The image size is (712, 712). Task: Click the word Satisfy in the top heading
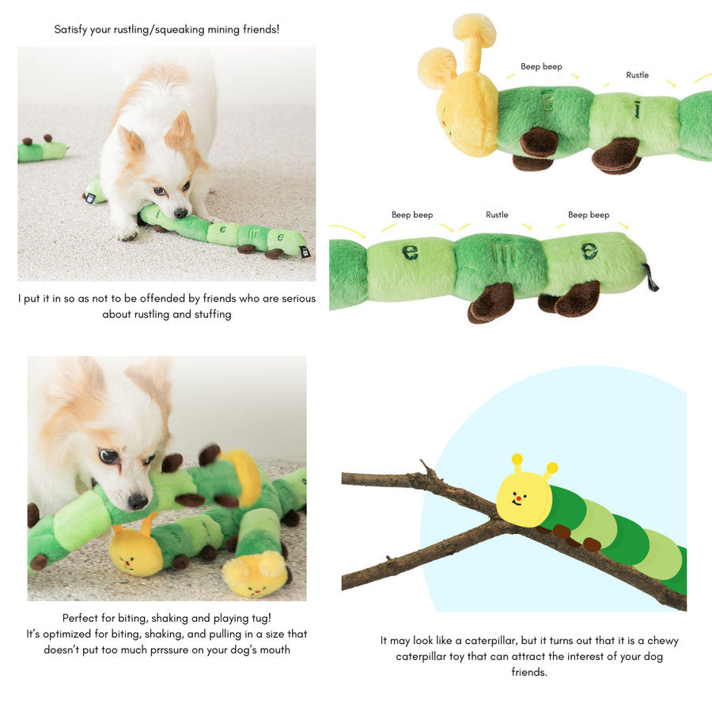click(x=70, y=29)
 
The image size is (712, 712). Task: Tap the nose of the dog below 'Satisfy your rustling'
click(x=180, y=213)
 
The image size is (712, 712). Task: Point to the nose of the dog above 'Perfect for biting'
click(x=137, y=501)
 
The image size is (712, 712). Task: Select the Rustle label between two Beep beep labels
click(x=497, y=214)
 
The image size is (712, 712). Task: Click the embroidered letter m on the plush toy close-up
click(x=503, y=254)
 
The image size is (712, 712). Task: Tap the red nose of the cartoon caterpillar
click(x=518, y=498)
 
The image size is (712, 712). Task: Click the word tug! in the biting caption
click(x=259, y=618)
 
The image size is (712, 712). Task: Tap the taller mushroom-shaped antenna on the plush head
click(x=475, y=40)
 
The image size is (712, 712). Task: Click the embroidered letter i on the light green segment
click(x=638, y=109)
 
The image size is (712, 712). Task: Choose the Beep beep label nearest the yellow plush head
click(x=541, y=66)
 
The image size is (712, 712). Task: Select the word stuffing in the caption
click(x=213, y=314)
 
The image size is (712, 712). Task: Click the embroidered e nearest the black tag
click(x=589, y=251)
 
